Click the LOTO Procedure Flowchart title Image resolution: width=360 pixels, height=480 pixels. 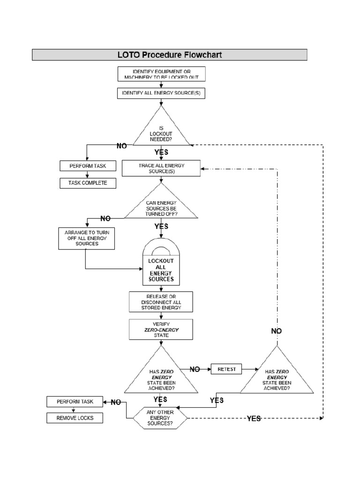click(169, 55)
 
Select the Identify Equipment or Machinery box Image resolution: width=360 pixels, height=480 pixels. click(161, 74)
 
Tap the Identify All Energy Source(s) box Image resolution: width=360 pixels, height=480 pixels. click(161, 94)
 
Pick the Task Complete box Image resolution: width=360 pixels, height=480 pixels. click(88, 183)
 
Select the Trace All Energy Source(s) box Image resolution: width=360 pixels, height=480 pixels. click(161, 169)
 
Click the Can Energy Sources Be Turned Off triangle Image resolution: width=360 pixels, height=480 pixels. click(161, 207)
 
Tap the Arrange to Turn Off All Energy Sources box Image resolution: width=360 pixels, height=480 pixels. click(85, 238)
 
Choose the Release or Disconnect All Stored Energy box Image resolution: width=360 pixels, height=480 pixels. click(161, 302)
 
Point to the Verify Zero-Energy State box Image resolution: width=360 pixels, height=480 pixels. click(161, 330)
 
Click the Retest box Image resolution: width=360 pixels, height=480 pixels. click(226, 369)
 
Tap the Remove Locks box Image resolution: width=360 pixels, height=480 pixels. click(75, 418)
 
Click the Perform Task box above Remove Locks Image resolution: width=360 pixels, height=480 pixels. click(75, 402)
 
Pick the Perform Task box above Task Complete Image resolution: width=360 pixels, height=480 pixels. click(88, 166)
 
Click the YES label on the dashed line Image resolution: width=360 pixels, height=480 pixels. click(254, 419)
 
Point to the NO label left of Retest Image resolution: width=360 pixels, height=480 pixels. click(195, 369)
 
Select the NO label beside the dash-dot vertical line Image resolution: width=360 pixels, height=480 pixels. click(277, 331)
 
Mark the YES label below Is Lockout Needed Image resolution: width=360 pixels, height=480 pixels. click(161, 152)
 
